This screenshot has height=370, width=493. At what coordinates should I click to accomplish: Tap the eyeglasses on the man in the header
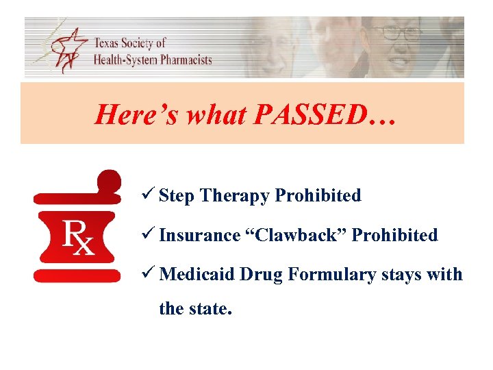click(x=395, y=33)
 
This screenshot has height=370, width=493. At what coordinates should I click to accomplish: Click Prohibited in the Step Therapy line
click(x=318, y=195)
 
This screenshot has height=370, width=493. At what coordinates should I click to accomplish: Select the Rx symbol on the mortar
click(x=78, y=236)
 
